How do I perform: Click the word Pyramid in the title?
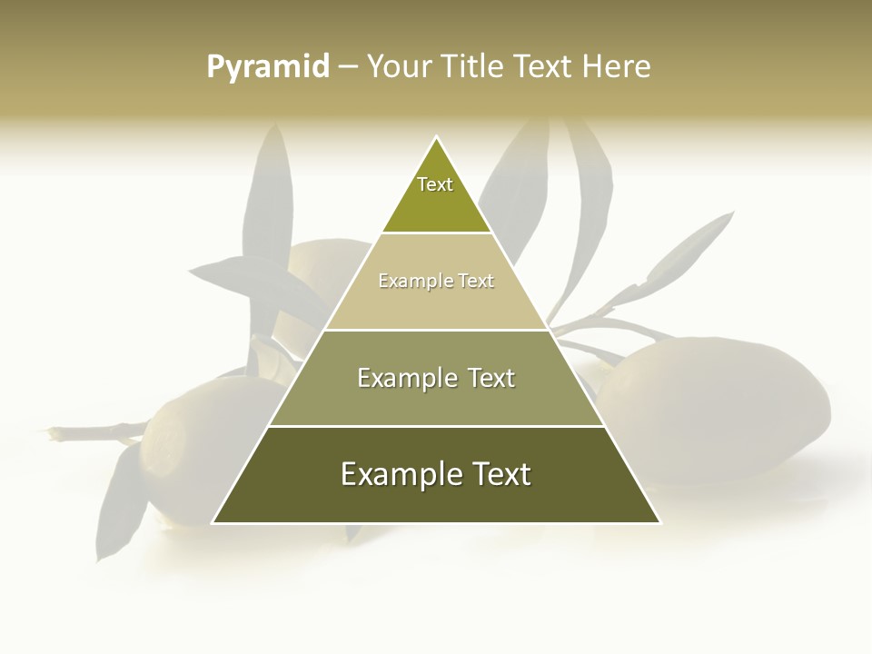click(268, 67)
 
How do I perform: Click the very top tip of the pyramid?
click(436, 137)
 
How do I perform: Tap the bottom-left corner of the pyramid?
click(213, 522)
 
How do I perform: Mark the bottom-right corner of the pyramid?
click(659, 522)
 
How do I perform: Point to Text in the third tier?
click(488, 378)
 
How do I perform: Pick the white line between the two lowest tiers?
click(436, 426)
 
